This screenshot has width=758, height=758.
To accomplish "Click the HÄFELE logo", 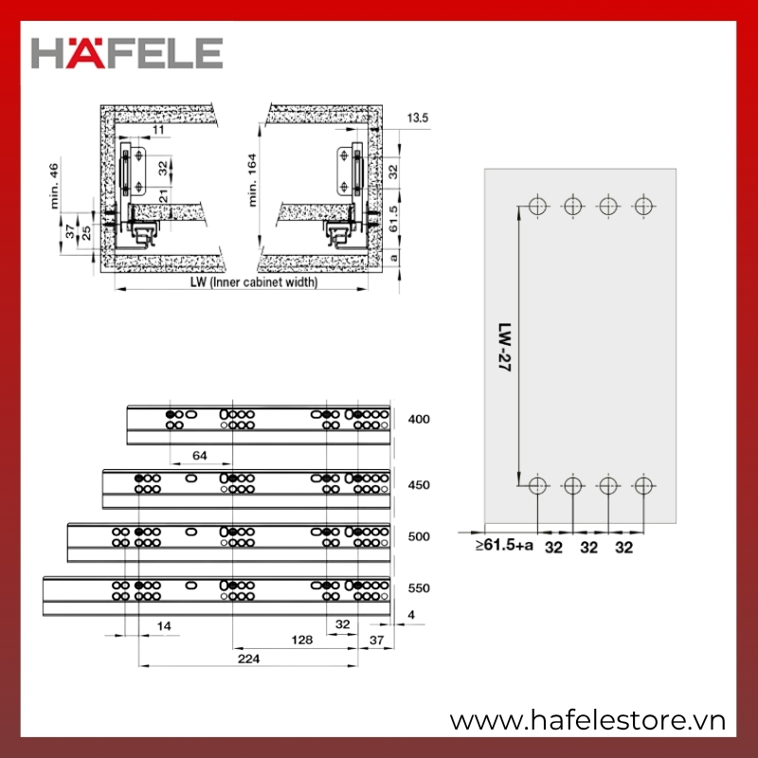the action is pos(127,53).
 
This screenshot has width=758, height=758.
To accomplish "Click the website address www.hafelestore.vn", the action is pos(587,721).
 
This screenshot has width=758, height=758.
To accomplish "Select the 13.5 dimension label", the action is pos(417,117).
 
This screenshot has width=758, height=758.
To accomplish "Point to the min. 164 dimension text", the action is pos(252,180).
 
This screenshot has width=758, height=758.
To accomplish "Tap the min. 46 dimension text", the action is pos(54,186).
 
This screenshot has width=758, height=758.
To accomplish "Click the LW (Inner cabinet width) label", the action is pos(254,281).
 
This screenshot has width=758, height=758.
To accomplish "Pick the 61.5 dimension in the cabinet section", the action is pos(393,219).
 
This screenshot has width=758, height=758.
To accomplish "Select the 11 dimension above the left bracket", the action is pos(158,130).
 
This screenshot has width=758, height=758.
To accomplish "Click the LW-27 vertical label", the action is pos(504,347).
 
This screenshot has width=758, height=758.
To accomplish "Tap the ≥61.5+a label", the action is pos(504,545).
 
